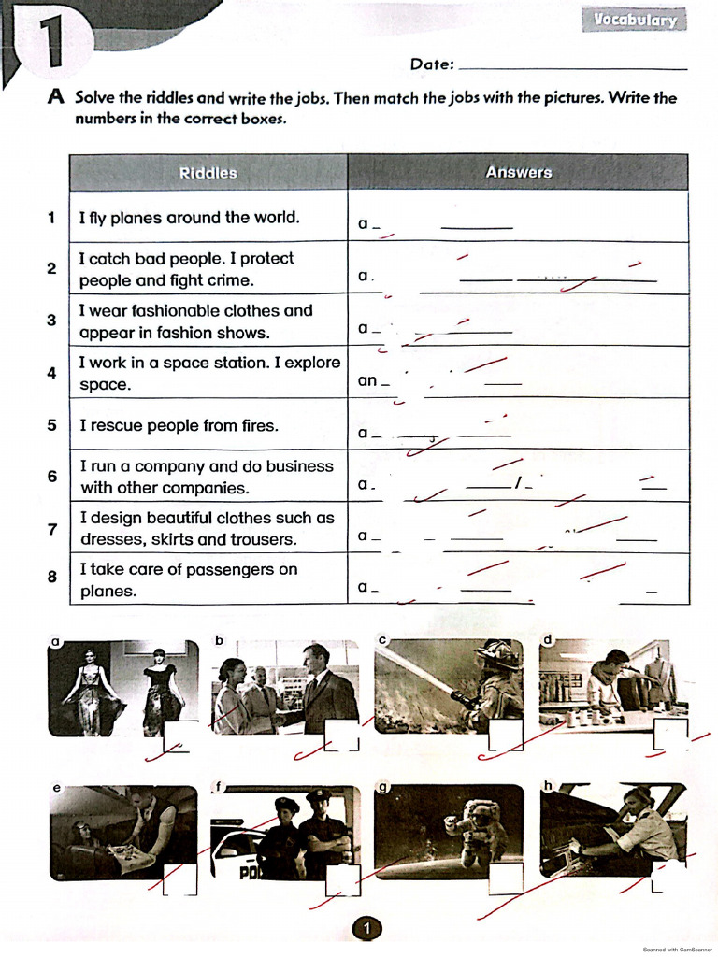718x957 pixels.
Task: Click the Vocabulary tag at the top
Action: coord(635,21)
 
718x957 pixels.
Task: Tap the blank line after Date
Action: coord(574,66)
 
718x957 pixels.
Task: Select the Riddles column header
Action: coord(208,173)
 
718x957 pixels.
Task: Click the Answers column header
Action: coord(518,173)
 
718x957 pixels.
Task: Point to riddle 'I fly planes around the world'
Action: coord(190,218)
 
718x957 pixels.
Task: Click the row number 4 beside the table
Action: coord(52,373)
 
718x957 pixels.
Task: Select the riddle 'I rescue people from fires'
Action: coord(179,425)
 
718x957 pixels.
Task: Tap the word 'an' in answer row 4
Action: coord(367,381)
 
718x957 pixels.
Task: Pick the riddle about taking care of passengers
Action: coord(189,579)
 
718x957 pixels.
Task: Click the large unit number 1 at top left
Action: coord(48,48)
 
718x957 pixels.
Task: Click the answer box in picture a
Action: coord(179,736)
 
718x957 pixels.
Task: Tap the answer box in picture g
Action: coord(506,878)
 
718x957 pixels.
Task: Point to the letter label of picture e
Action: coord(56,788)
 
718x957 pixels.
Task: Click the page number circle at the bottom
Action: coord(366,928)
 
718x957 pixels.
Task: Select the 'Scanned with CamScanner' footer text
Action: coord(678,949)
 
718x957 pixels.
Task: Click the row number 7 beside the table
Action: coord(52,529)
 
